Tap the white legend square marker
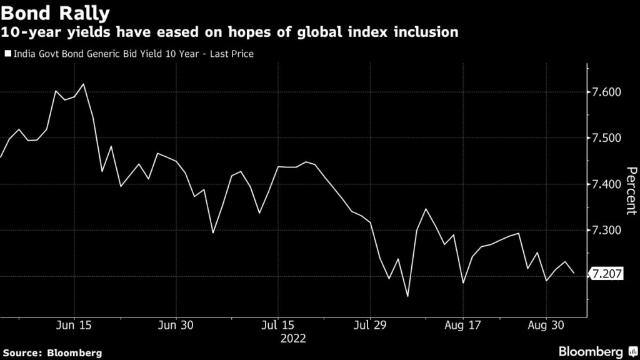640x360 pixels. [x=7, y=54]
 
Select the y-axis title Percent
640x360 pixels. [x=631, y=191]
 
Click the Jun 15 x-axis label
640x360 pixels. [x=75, y=326]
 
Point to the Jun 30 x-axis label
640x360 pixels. [x=176, y=326]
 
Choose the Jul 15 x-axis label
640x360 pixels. [x=277, y=326]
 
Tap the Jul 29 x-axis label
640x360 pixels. [x=371, y=326]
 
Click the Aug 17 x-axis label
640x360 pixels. [x=463, y=326]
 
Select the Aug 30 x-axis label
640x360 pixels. [x=547, y=326]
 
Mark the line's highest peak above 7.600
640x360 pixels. [x=84, y=84]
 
